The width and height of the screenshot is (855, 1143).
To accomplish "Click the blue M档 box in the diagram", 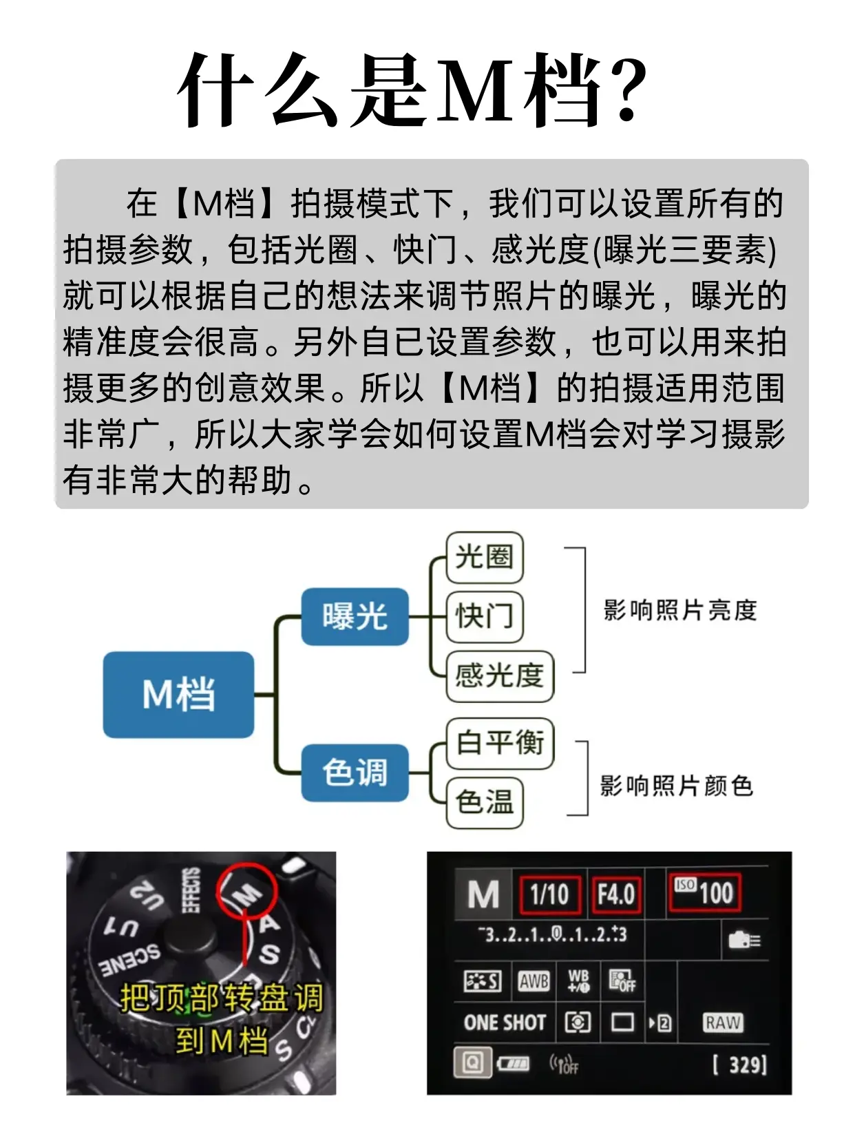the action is [178, 694].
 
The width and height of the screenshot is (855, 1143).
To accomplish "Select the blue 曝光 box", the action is [355, 616].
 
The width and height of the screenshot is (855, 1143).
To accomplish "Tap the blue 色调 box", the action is [355, 773].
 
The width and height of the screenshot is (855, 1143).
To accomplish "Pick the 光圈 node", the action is [485, 557].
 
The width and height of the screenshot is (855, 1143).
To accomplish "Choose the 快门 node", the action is [485, 616].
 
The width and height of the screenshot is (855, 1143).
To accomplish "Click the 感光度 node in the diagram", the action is [500, 676].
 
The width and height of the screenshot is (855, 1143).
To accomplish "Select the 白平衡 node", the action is [500, 743].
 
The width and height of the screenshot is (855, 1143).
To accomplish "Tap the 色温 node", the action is [485, 802].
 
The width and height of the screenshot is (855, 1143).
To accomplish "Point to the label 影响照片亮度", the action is [680, 610].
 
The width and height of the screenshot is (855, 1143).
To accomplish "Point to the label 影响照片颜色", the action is [677, 786].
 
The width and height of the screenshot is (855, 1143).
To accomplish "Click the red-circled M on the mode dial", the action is [246, 894].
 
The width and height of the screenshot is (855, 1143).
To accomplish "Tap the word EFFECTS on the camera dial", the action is [191, 890].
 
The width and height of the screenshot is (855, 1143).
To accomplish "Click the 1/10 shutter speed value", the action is [549, 894].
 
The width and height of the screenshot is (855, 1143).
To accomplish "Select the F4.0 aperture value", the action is [615, 894].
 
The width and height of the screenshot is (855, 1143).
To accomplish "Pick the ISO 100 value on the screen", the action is [704, 892].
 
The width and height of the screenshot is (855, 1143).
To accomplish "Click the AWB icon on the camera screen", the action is [534, 981].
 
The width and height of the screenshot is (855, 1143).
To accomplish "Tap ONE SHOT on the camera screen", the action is [505, 1023].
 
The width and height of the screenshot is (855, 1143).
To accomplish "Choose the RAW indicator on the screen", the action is [723, 1023].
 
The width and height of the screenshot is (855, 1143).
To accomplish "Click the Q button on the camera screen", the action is [472, 1062].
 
